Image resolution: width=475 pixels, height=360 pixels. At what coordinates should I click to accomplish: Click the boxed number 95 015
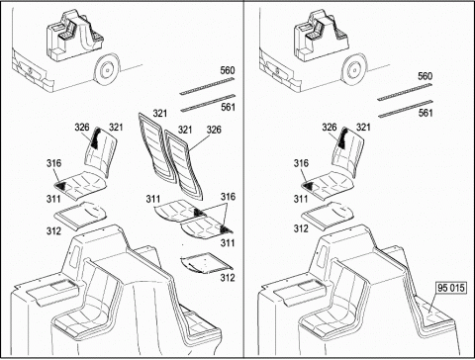pyautogui.click(x=450, y=288)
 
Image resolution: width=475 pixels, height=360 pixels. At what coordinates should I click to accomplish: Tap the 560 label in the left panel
pyautogui.click(x=228, y=70)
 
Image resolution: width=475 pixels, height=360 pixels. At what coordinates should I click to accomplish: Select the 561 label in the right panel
pyautogui.click(x=426, y=113)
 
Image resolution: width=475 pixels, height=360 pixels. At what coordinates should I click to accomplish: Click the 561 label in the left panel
pyautogui.click(x=228, y=107)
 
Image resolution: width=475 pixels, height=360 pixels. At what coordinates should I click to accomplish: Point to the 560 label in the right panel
pyautogui.click(x=426, y=76)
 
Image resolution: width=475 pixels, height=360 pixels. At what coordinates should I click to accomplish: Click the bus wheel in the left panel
pyautogui.click(x=107, y=70)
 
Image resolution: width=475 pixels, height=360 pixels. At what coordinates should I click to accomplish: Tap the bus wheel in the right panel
pyautogui.click(x=354, y=70)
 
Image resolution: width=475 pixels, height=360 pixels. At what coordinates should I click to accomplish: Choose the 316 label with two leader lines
pyautogui.click(x=228, y=197)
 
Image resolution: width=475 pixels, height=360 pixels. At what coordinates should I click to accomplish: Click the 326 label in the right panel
pyautogui.click(x=330, y=128)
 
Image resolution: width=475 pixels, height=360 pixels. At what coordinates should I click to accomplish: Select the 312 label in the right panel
pyautogui.click(x=301, y=228)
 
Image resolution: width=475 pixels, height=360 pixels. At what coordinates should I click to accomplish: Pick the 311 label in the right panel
pyautogui.click(x=301, y=199)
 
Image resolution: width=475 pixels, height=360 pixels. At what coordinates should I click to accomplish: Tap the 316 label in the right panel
pyautogui.click(x=301, y=163)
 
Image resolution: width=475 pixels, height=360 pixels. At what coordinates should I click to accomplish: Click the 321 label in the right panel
pyautogui.click(x=363, y=128)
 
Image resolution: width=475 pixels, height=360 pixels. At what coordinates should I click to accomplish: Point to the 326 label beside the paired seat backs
pyautogui.click(x=214, y=130)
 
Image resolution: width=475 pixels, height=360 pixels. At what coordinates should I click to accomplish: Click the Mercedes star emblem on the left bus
pyautogui.click(x=30, y=70)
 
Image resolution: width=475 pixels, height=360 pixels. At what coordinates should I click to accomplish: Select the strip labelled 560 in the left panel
pyautogui.click(x=207, y=86)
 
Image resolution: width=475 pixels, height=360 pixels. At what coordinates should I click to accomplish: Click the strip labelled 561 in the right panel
pyautogui.click(x=405, y=109)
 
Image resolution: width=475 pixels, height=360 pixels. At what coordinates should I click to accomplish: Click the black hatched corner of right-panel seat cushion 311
pyautogui.click(x=310, y=187)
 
